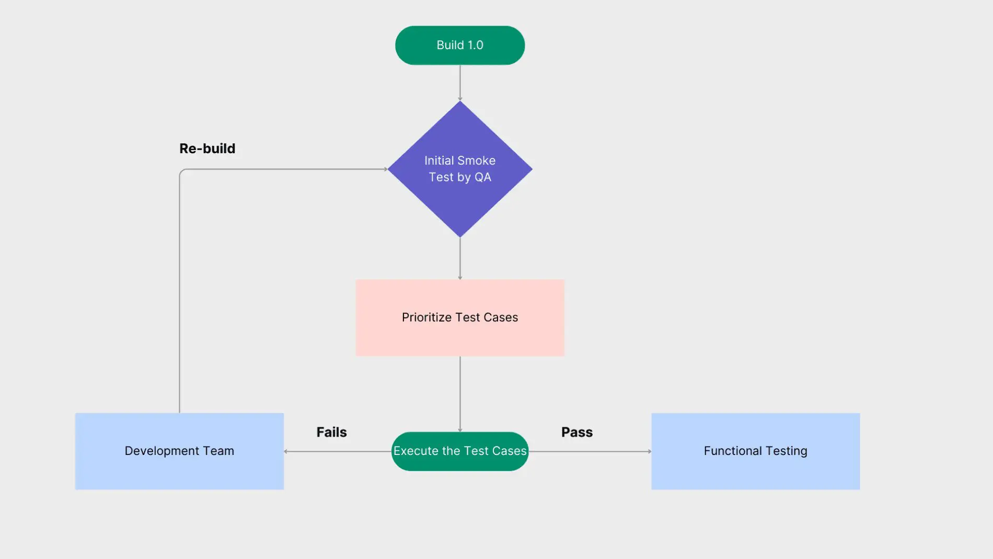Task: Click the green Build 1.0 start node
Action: [460, 45]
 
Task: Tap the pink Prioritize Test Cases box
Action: [460, 335]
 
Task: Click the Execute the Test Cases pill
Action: [460, 451]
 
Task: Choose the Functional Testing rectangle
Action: [755, 468]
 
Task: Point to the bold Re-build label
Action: [207, 149]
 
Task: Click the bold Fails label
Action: [331, 432]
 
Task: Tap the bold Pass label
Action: [577, 432]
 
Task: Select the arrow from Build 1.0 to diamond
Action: [460, 83]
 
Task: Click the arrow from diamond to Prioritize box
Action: [460, 258]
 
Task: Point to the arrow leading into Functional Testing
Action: [591, 451]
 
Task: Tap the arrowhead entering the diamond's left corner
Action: [385, 169]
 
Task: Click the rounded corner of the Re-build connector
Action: [181, 171]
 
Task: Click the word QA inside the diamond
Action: [483, 177]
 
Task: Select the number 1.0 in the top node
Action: [475, 45]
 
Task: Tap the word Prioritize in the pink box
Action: [426, 317]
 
